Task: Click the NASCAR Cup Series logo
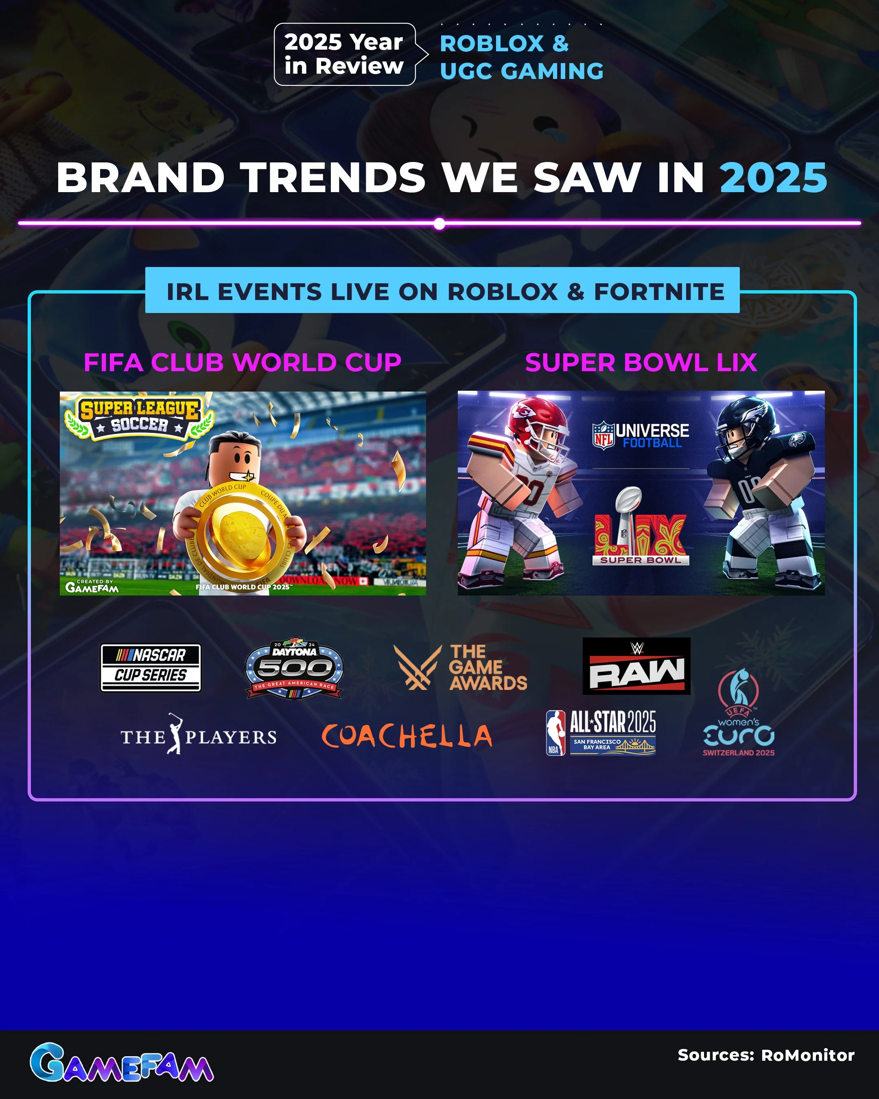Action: pos(150,667)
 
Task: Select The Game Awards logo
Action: pos(460,667)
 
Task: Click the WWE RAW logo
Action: pos(636,666)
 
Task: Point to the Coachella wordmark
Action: pos(407,736)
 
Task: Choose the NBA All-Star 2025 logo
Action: pos(601,733)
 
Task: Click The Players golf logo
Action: pos(198,735)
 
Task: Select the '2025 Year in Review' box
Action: pos(344,54)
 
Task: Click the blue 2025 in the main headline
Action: pos(773,178)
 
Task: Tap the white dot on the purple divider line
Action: pos(439,223)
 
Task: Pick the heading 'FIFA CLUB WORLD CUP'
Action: pos(243,362)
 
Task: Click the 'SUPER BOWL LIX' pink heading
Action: pos(641,362)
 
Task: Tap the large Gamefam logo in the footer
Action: pos(121,1062)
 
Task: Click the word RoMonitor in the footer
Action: pos(807,1055)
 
